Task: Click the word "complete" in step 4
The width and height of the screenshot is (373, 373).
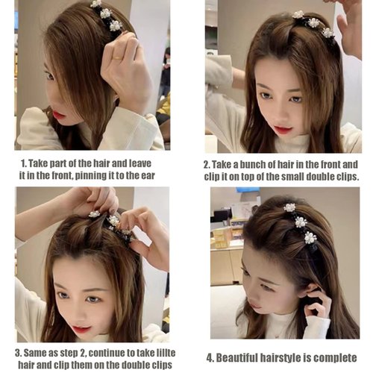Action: coord(335,357)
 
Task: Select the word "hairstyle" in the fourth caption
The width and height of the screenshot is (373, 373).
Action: coord(293,357)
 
